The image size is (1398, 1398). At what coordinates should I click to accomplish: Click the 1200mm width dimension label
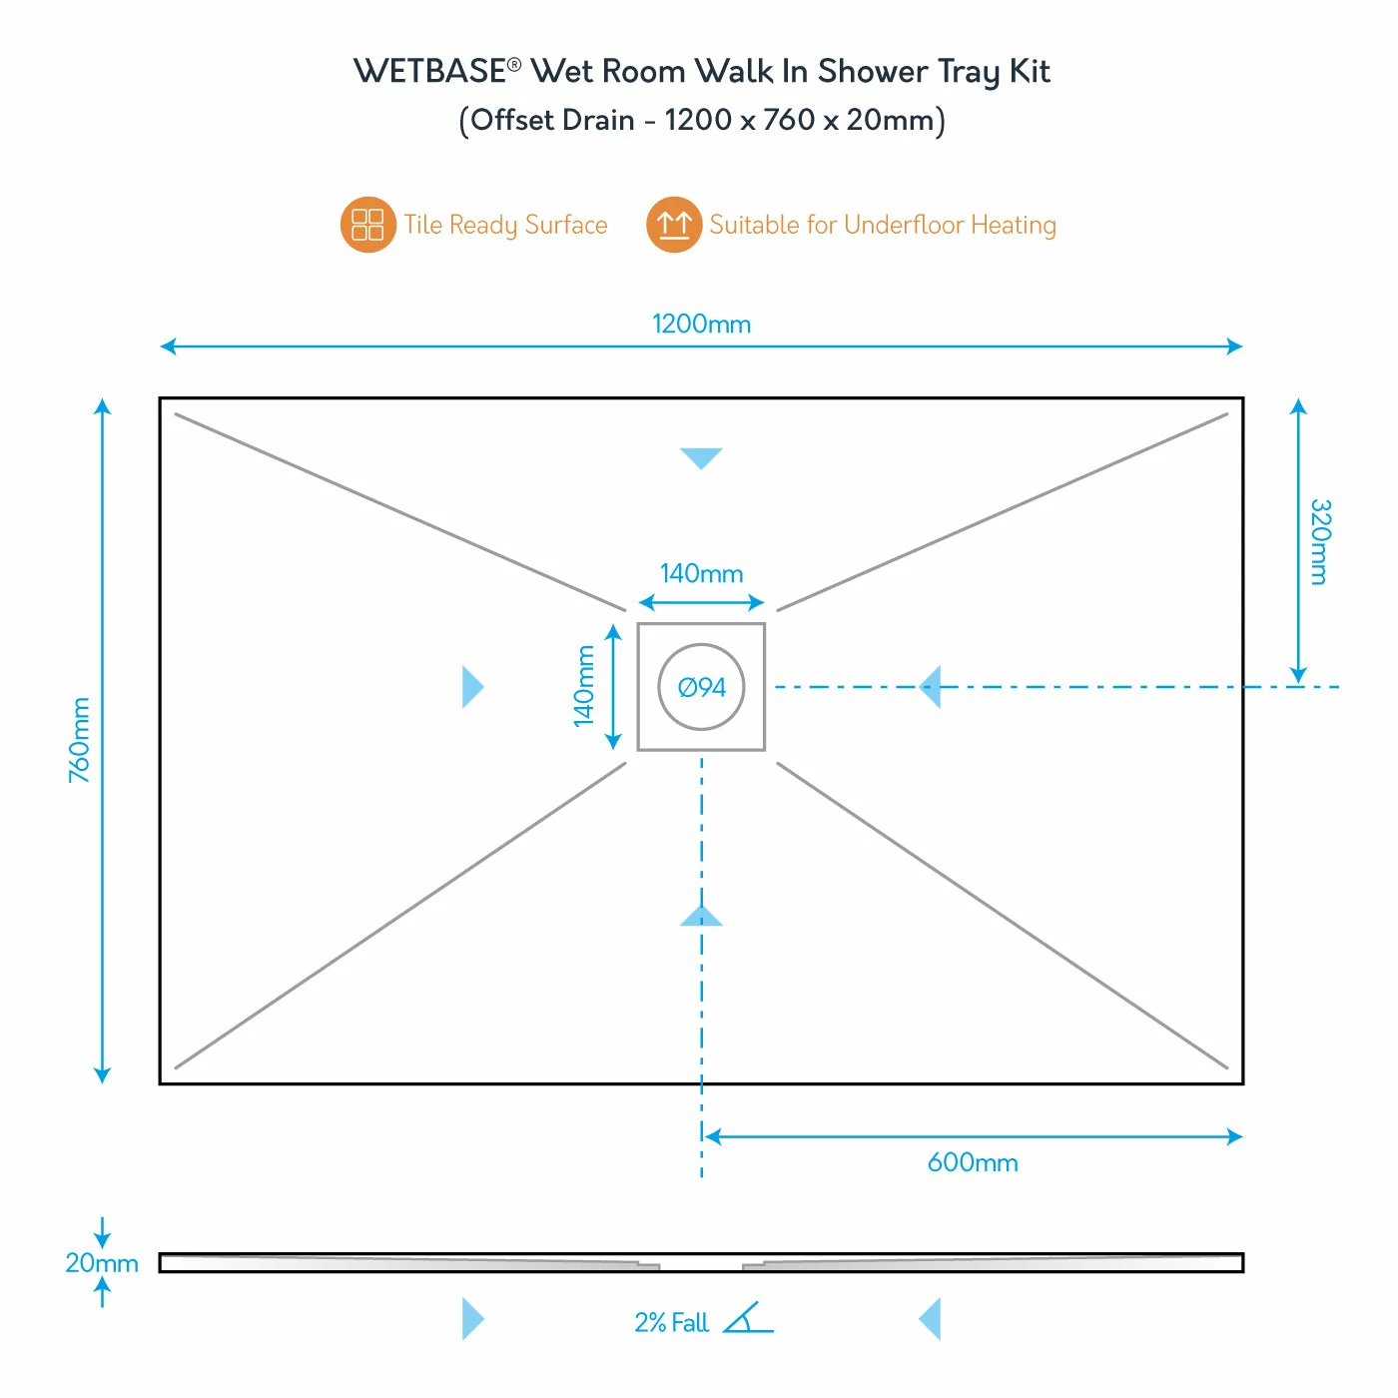click(x=701, y=325)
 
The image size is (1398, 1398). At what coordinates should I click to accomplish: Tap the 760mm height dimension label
click(x=80, y=740)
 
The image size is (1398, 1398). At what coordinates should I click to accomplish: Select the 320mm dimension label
click(x=1319, y=541)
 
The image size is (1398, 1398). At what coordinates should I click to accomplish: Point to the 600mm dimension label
click(x=973, y=1162)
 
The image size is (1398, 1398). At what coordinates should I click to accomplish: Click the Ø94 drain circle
click(x=701, y=687)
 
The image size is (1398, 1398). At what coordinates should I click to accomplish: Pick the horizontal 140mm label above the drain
click(x=701, y=574)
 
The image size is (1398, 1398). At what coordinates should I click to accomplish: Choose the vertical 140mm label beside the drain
click(x=584, y=686)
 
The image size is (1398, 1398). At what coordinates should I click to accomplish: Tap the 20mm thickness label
click(x=101, y=1263)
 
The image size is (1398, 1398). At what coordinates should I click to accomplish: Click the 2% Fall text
click(x=671, y=1323)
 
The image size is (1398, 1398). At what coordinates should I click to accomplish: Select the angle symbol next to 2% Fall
click(x=748, y=1319)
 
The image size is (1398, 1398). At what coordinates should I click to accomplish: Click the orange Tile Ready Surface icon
click(x=367, y=225)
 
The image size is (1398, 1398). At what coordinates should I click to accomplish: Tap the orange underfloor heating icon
click(x=674, y=225)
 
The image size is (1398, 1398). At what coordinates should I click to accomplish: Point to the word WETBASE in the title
click(x=430, y=72)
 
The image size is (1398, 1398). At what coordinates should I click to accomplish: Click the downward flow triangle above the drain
click(x=701, y=456)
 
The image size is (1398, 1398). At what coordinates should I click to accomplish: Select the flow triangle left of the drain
click(x=471, y=687)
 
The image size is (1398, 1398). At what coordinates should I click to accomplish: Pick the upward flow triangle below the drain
click(x=701, y=917)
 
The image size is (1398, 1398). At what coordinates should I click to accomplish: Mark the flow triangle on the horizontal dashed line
click(x=931, y=687)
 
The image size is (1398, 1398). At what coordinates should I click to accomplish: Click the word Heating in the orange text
click(x=1013, y=226)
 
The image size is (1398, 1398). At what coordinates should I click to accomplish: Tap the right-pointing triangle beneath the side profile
click(x=471, y=1319)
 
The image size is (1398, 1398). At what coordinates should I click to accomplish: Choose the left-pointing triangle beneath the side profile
click(x=931, y=1319)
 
